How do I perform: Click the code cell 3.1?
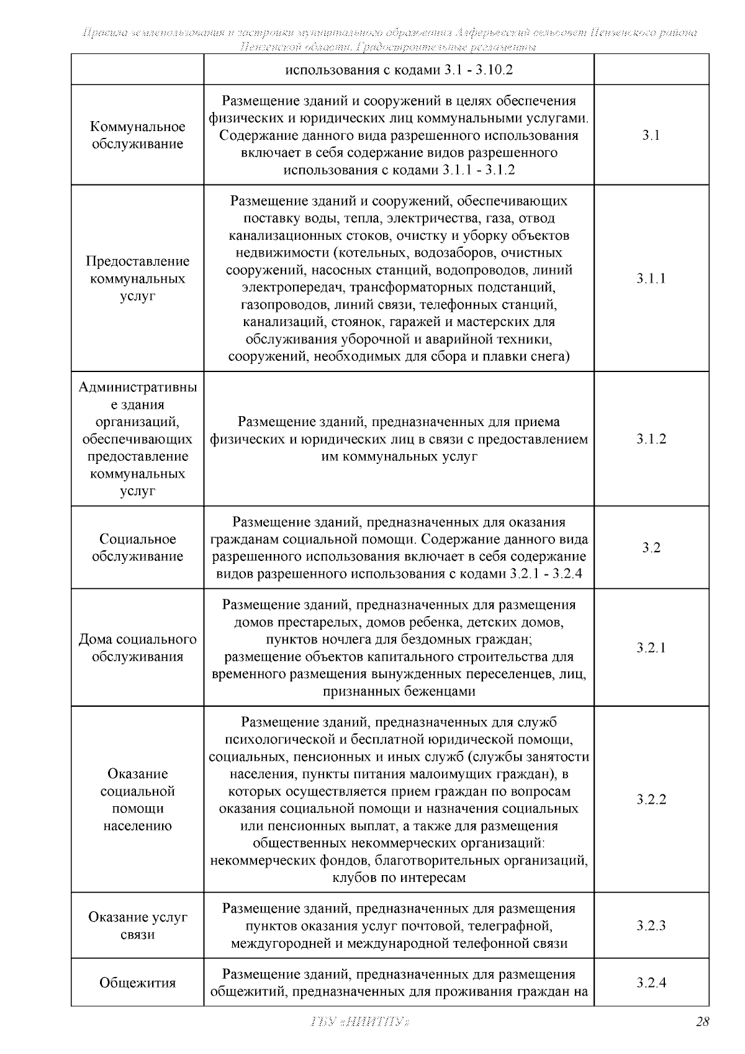pyautogui.click(x=651, y=135)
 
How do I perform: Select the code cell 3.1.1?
pyautogui.click(x=651, y=278)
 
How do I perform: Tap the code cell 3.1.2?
pyautogui.click(x=651, y=439)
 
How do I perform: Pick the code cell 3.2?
pyautogui.click(x=651, y=548)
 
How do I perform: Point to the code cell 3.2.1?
pyautogui.click(x=651, y=648)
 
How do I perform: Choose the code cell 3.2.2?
pyautogui.click(x=651, y=799)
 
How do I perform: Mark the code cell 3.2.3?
pyautogui.click(x=651, y=926)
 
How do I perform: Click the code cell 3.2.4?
pyautogui.click(x=651, y=983)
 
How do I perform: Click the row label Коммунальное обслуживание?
pyautogui.click(x=138, y=135)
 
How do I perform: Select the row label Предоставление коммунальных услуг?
pyautogui.click(x=138, y=278)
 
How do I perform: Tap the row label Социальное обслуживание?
pyautogui.click(x=138, y=548)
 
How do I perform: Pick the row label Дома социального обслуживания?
pyautogui.click(x=138, y=648)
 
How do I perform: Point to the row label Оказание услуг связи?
pyautogui.click(x=138, y=926)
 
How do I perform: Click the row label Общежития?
pyautogui.click(x=138, y=983)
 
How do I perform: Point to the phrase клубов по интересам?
pyautogui.click(x=399, y=878)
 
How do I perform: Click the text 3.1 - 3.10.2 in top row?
pyautogui.click(x=478, y=70)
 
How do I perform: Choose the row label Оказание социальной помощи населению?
pyautogui.click(x=138, y=800)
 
